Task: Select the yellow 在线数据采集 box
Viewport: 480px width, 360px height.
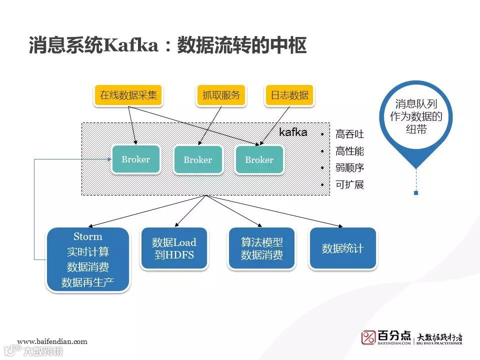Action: tap(128, 95)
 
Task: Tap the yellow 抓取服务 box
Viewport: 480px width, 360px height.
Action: tap(221, 95)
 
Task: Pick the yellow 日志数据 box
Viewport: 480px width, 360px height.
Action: tap(289, 95)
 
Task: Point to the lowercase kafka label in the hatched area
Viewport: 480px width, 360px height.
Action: tap(293, 132)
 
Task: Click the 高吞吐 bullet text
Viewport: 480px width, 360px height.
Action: tap(349, 134)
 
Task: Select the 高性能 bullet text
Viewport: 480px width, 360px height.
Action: tap(349, 151)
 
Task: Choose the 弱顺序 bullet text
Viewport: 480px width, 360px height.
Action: tap(349, 168)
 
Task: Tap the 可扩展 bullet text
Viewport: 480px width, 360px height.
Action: tap(349, 184)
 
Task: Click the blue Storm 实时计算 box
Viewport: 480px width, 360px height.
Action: tap(88, 259)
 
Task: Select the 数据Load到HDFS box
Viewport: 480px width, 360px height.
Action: tap(174, 248)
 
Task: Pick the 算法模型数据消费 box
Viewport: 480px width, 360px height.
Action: tap(262, 248)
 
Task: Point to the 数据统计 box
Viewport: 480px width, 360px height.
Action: tap(342, 248)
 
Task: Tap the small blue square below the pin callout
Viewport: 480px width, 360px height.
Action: tap(416, 192)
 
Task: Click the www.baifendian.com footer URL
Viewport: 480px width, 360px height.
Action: tap(52, 341)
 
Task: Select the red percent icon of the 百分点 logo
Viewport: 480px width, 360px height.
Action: tap(369, 337)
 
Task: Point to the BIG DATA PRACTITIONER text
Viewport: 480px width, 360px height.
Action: tap(440, 343)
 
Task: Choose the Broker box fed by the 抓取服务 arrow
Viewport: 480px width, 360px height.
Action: tap(198, 160)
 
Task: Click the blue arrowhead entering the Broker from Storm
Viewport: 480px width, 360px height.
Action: tap(108, 159)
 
